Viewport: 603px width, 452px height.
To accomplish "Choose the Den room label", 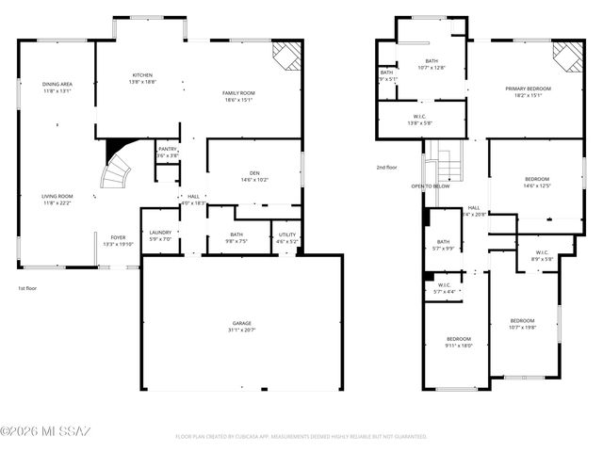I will (x=254, y=175).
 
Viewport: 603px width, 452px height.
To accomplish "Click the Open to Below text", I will (x=430, y=186).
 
